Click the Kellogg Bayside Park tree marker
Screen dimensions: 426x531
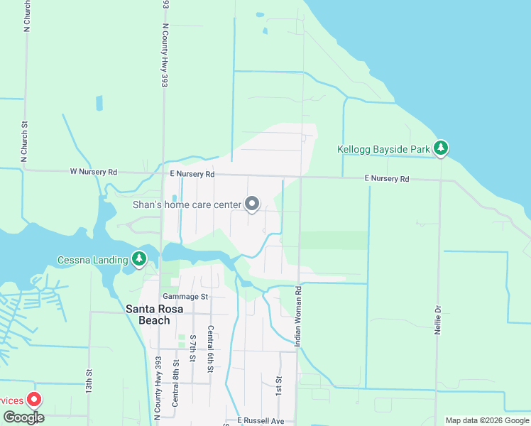click(x=442, y=148)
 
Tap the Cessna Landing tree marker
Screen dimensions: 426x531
click(x=139, y=259)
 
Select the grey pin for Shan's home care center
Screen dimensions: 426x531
click(x=252, y=204)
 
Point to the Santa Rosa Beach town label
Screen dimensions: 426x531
click(x=148, y=314)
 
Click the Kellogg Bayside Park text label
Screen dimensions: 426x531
click(x=383, y=150)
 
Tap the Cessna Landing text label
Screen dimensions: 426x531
click(x=92, y=260)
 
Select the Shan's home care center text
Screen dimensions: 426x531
click(x=187, y=205)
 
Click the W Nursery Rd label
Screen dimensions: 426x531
click(x=93, y=172)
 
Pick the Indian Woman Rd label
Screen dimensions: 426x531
click(x=300, y=317)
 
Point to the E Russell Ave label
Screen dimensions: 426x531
click(x=261, y=420)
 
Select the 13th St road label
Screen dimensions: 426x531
click(x=89, y=381)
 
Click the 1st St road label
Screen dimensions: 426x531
click(x=279, y=386)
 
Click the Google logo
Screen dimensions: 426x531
click(x=23, y=417)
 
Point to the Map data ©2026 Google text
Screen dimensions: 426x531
click(x=487, y=420)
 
